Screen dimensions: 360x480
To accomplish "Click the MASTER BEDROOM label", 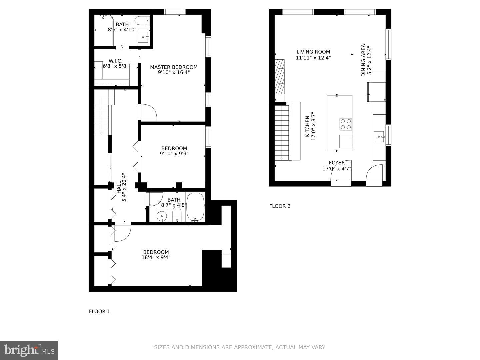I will click(x=174, y=67).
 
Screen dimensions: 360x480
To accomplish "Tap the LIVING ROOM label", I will click(x=313, y=52).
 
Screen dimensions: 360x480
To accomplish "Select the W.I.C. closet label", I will click(x=115, y=61).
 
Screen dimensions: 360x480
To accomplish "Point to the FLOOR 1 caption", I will click(x=99, y=311).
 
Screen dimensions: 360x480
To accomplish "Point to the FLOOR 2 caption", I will click(x=280, y=206).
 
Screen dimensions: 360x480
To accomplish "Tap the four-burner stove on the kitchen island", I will click(x=346, y=124).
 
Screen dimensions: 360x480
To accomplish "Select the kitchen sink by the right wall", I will click(x=379, y=136).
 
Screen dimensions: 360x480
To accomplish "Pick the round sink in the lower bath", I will click(x=162, y=216).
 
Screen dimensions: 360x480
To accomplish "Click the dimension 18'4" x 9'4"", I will click(x=156, y=257).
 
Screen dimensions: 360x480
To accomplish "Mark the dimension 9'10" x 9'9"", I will click(x=174, y=154).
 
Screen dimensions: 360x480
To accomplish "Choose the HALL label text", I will click(x=119, y=187).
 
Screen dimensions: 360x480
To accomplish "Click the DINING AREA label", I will click(x=363, y=60).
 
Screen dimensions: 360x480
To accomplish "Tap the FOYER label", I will click(x=337, y=163).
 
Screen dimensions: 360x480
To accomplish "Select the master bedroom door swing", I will click(x=148, y=112).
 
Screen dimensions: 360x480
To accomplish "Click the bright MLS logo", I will click(x=29, y=350).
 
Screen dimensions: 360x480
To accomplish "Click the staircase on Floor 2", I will click(x=282, y=133).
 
